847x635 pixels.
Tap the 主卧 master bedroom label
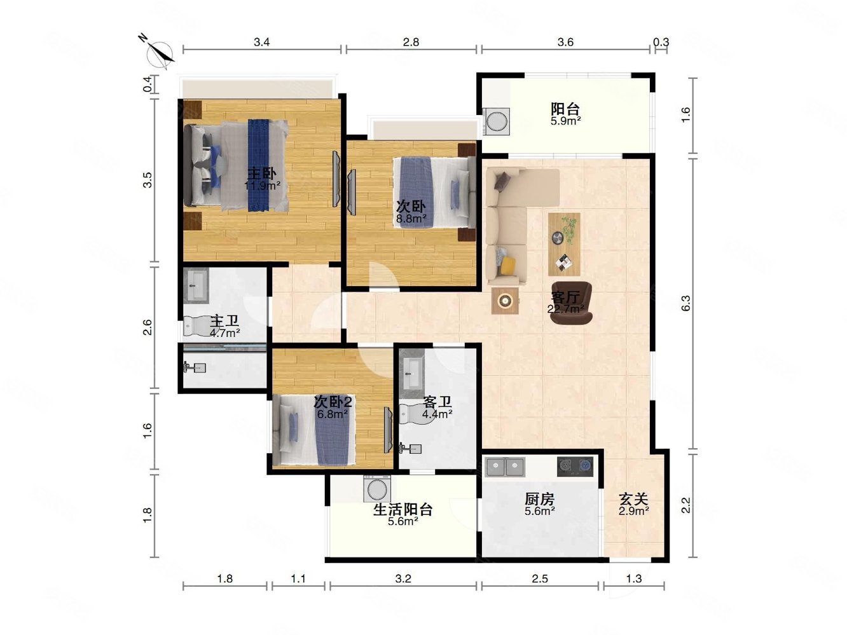pyautogui.click(x=261, y=174)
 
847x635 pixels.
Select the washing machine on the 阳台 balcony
pyautogui.click(x=496, y=121)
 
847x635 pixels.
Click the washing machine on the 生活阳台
pyautogui.click(x=376, y=489)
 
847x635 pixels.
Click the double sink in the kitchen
pyautogui.click(x=505, y=467)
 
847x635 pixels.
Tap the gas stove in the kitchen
pyautogui.click(x=575, y=467)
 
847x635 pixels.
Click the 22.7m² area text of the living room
pyautogui.click(x=565, y=309)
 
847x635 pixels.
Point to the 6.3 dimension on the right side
pyautogui.click(x=685, y=303)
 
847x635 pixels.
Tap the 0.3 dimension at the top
pyautogui.click(x=661, y=42)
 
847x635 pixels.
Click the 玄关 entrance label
pyautogui.click(x=633, y=499)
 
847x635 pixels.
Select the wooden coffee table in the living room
pyautogui.click(x=564, y=244)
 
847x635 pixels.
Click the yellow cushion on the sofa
pyautogui.click(x=508, y=266)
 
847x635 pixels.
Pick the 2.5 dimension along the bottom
pyautogui.click(x=539, y=578)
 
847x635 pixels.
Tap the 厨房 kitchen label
pyautogui.click(x=539, y=499)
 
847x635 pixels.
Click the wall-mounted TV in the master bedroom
pyautogui.click(x=336, y=179)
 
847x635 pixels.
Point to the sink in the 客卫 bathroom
pyautogui.click(x=412, y=372)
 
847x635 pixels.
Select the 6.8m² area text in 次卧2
pyautogui.click(x=333, y=414)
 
